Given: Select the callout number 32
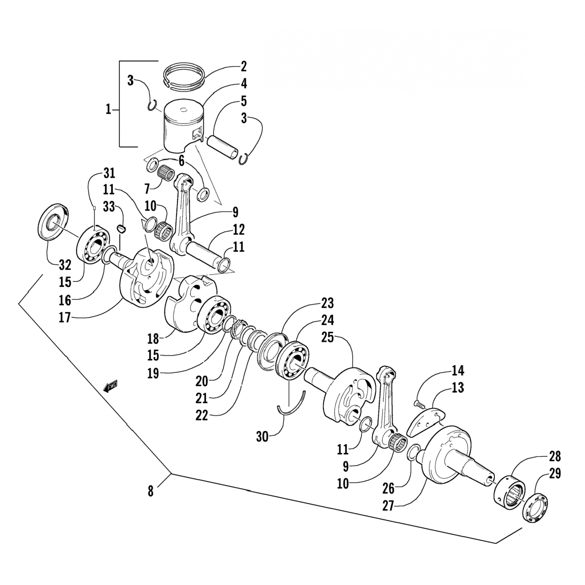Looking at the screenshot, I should click(x=65, y=265).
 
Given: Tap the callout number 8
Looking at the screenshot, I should click(x=151, y=491).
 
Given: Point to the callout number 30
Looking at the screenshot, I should click(x=262, y=436).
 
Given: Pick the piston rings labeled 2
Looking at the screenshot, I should click(x=184, y=74).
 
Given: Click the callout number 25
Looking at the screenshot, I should click(x=328, y=337).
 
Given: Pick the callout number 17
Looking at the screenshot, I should click(x=65, y=317).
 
